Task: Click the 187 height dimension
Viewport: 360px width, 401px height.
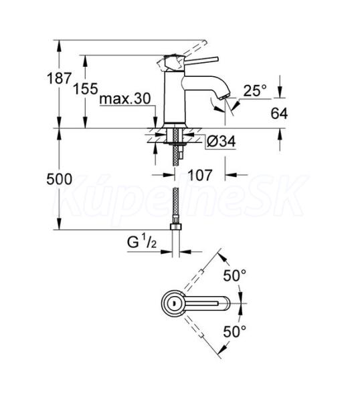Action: click(x=59, y=78)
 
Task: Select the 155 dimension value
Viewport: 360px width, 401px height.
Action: click(x=86, y=89)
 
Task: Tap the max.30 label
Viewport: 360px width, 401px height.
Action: click(x=125, y=98)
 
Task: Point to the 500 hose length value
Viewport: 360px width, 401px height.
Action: click(x=59, y=179)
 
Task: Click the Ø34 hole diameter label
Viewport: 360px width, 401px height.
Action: click(x=221, y=141)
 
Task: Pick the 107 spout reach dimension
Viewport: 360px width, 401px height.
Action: click(x=200, y=175)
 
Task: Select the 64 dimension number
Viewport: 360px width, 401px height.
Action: click(x=279, y=114)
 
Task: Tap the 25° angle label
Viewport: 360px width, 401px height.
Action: click(x=255, y=90)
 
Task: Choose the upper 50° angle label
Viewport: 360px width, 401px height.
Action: click(x=235, y=275)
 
